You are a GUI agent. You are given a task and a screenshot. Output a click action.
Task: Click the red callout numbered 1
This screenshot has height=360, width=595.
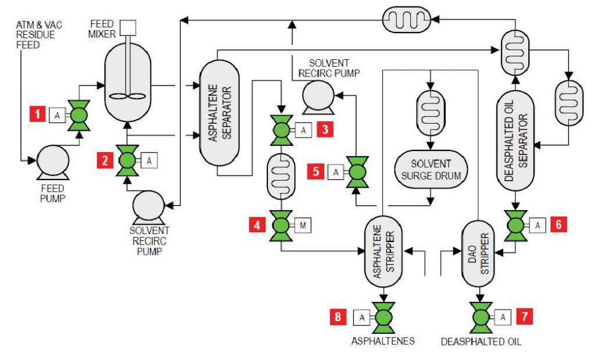38,114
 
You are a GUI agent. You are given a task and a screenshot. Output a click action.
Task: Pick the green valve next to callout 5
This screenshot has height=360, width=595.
357,172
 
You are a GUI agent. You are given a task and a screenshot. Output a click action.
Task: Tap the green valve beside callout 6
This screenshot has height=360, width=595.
515,225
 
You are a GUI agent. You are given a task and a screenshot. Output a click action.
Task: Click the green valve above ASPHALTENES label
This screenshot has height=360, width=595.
383,316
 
